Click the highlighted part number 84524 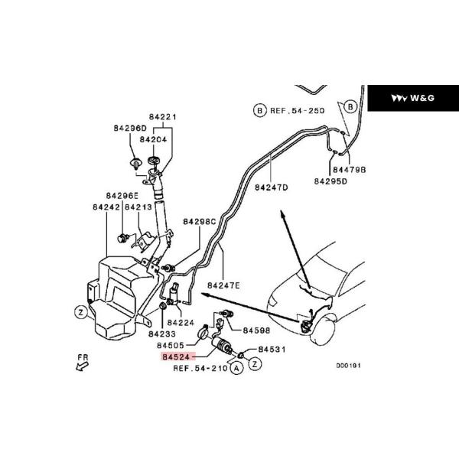click(x=176, y=356)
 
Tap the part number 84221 click(x=161, y=117)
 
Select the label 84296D click(x=131, y=128)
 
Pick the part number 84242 click(x=106, y=207)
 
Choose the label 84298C click(x=200, y=222)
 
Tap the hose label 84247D click(x=271, y=187)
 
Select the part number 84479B click(x=350, y=170)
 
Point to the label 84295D click(x=330, y=181)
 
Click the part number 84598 click(x=256, y=330)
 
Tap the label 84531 click(x=272, y=349)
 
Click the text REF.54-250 click(x=295, y=111)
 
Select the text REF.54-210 click(x=200, y=368)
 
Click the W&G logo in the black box click(x=413, y=98)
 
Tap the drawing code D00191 click(x=348, y=366)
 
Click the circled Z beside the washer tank click(x=79, y=311)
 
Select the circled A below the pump click(x=236, y=368)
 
